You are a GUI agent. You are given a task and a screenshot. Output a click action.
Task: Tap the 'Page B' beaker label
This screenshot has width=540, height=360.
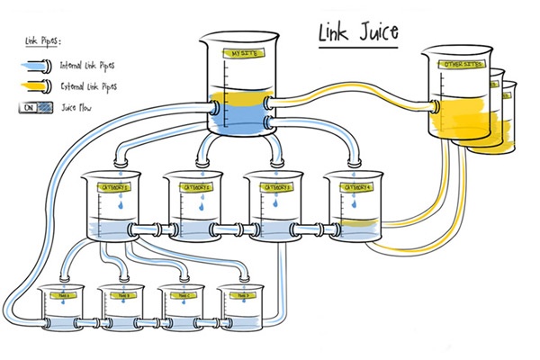pos(123,294)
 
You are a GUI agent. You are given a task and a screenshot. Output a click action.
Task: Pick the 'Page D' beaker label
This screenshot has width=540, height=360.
pos(238,294)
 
